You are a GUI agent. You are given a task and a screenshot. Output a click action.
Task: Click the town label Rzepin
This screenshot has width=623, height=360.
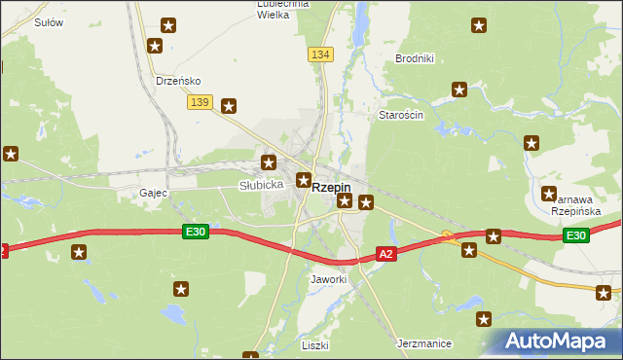(x=331, y=189)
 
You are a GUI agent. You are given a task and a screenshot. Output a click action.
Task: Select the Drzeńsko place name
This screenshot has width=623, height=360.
(x=178, y=81)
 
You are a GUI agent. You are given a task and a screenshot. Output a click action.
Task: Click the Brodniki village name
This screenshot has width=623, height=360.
(x=414, y=58)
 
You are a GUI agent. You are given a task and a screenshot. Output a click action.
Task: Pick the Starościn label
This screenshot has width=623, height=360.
(x=400, y=115)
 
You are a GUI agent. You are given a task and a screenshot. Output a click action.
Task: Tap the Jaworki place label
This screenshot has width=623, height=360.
(x=328, y=279)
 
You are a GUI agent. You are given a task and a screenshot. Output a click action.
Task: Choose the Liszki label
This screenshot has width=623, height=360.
(x=314, y=345)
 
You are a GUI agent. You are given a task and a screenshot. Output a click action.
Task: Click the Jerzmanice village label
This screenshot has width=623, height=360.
(x=422, y=343)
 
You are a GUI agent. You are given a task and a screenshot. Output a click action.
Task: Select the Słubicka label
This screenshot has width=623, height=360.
(x=261, y=184)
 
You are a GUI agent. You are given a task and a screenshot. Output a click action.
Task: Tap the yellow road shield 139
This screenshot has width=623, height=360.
(x=201, y=102)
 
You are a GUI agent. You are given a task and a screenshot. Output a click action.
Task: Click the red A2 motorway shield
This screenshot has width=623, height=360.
(x=386, y=254)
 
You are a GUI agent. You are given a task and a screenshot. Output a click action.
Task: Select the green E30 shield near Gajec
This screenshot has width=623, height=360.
(x=195, y=231)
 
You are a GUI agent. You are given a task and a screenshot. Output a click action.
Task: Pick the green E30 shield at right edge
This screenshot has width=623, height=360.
(x=576, y=235)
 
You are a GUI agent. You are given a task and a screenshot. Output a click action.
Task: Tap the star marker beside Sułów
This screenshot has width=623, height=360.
(x=169, y=25)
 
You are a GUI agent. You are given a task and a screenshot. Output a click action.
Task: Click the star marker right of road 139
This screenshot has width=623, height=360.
(x=229, y=106)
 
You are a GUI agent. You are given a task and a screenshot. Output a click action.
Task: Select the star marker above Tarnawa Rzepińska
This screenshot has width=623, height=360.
(x=531, y=143)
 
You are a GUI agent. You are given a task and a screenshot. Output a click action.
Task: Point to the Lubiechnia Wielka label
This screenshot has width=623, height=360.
(x=282, y=9)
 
